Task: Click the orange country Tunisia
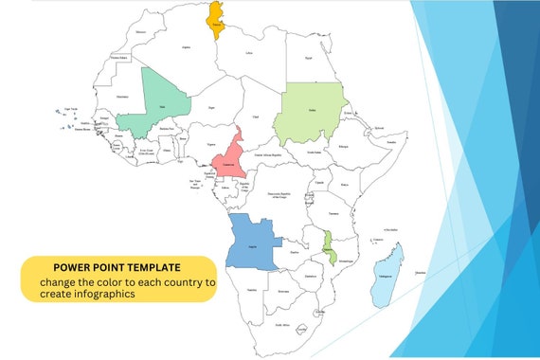(216, 21)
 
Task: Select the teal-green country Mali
(163, 104)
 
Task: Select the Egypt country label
(308, 58)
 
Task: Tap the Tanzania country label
(334, 213)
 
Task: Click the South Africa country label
(282, 325)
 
